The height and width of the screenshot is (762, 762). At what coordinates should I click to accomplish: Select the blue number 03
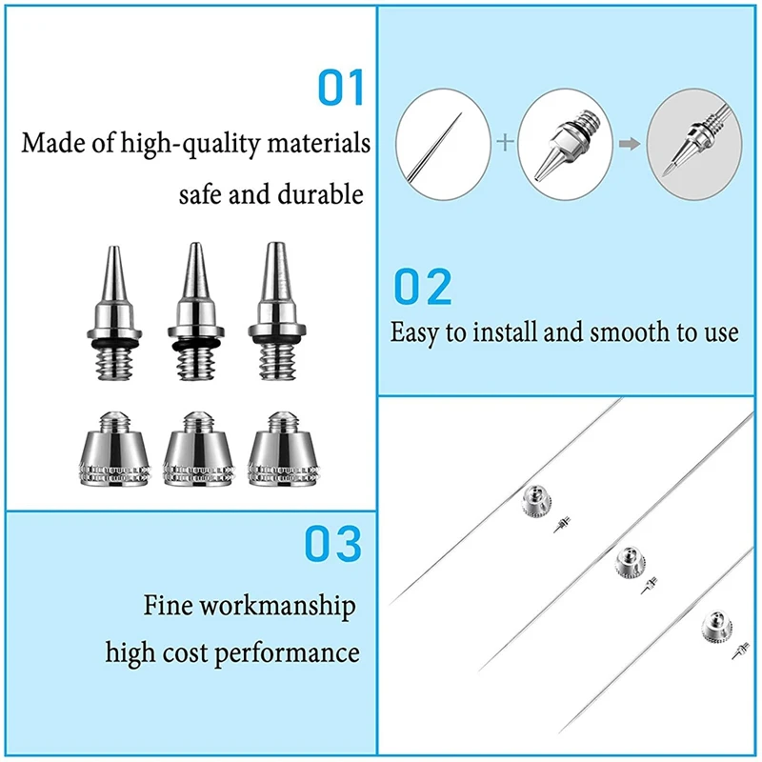[x=333, y=543]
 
